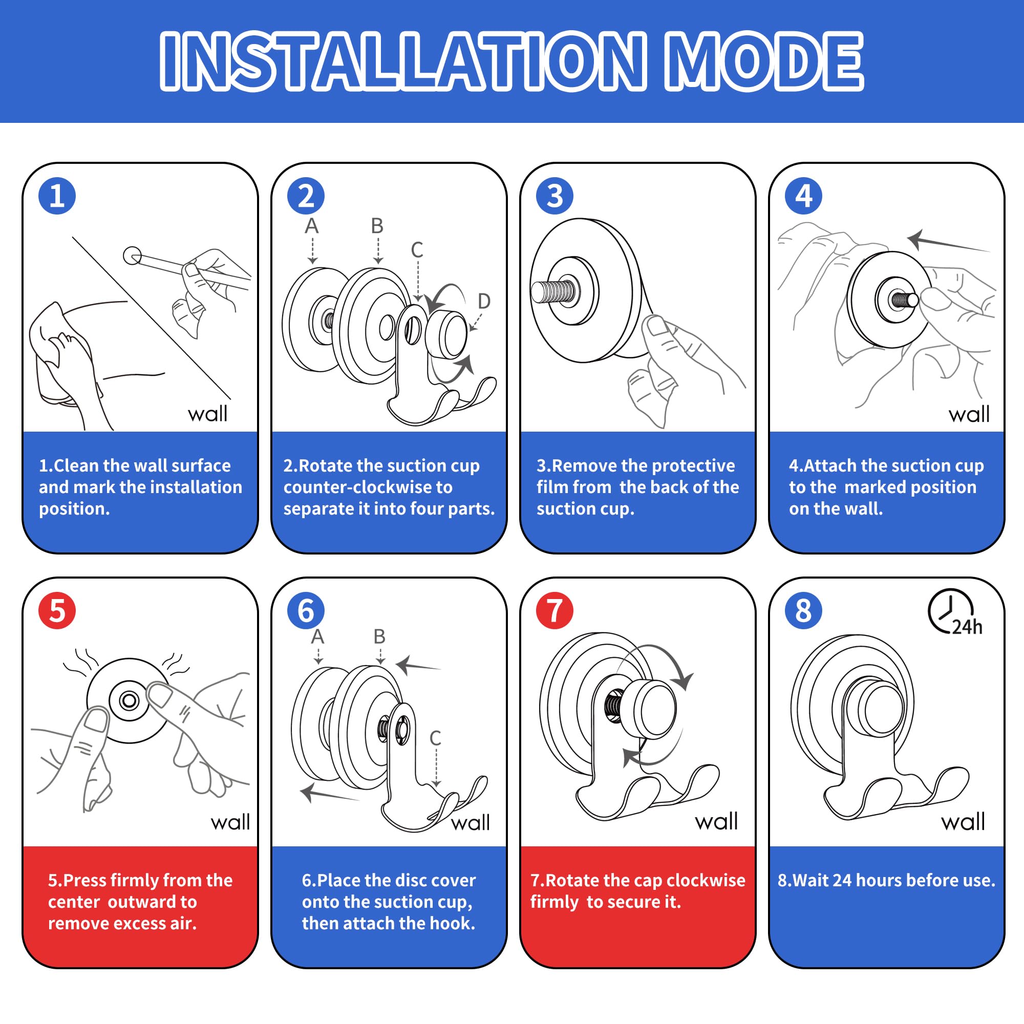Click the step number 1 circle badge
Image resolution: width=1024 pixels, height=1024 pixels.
tap(57, 196)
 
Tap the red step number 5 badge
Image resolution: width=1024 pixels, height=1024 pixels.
tap(57, 611)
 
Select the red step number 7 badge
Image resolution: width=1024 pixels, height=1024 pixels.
tap(554, 611)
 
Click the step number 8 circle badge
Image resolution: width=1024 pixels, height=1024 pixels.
tap(803, 611)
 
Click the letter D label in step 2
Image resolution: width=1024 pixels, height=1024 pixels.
tap(484, 301)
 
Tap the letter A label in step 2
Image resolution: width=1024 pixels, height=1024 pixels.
tap(312, 226)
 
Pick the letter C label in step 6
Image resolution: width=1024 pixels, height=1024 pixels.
tap(435, 738)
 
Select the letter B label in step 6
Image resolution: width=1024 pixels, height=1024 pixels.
tap(379, 636)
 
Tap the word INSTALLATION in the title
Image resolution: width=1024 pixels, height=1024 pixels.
tap(403, 61)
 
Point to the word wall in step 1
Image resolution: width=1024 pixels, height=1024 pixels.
tap(208, 413)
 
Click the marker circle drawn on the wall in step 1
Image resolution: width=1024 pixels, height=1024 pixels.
tap(132, 255)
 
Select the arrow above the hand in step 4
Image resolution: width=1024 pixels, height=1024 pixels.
tap(948, 242)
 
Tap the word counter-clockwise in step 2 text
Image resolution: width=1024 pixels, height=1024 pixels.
tap(368, 487)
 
